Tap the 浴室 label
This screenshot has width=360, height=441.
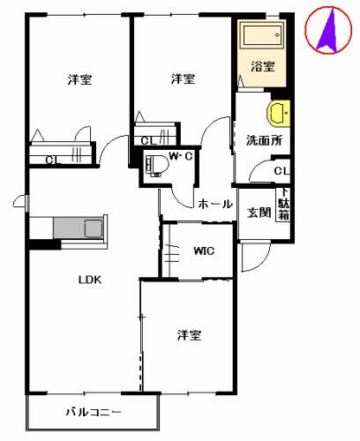(261, 67)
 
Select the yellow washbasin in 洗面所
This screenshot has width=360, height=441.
(279, 114)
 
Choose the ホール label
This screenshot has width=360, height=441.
(214, 204)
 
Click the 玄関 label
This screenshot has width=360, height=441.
(259, 212)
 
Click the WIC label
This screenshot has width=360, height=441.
(204, 250)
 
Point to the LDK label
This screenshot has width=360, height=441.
(91, 280)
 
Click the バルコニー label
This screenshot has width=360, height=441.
(93, 412)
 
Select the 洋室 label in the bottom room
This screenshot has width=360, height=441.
(189, 335)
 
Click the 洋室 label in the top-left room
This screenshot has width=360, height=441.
(79, 81)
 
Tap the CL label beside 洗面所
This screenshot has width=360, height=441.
(281, 171)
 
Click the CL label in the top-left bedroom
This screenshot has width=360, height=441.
(52, 160)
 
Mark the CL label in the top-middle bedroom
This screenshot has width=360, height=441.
(146, 139)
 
